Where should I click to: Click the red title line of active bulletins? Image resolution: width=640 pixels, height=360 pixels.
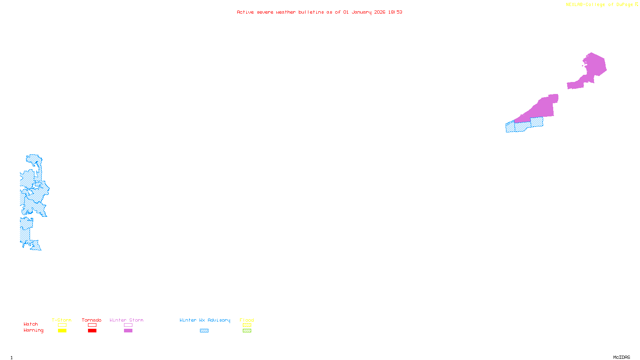pos(319,12)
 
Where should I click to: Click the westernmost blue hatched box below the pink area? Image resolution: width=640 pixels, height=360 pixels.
pos(510,127)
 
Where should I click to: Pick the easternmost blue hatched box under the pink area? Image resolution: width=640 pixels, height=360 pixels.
pos(537,122)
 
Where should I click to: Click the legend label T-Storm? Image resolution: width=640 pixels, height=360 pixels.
pos(62,320)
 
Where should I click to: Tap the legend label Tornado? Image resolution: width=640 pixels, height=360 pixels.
pos(92,320)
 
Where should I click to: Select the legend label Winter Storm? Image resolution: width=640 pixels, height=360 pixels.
pos(126,320)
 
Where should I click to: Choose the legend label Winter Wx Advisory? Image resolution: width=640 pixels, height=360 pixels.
pos(205,320)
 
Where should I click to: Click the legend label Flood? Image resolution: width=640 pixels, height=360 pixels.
pos(247,320)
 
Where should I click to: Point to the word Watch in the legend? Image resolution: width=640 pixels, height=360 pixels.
pos(31,324)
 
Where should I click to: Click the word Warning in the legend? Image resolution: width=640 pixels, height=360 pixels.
pos(34,330)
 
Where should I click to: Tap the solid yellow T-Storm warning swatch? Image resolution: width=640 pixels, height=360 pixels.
pos(62,331)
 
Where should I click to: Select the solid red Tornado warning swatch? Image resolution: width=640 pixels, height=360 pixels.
pos(92,331)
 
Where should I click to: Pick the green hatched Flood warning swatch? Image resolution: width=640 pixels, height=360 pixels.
pos(247,331)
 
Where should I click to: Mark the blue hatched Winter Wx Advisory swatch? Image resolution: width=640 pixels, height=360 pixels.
pos(204,331)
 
